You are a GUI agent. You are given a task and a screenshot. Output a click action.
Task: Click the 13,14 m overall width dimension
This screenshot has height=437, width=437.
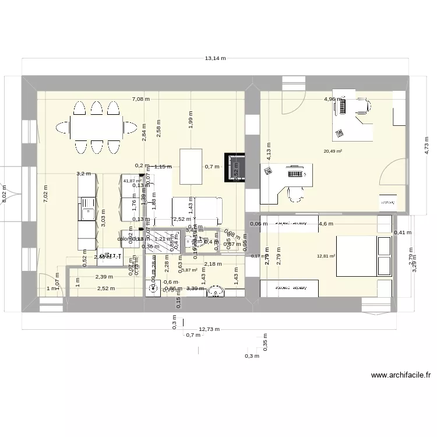(x=215, y=59)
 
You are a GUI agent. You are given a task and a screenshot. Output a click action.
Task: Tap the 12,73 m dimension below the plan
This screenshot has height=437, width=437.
(x=209, y=329)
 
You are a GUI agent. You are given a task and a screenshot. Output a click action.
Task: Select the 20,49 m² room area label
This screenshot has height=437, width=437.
(x=333, y=151)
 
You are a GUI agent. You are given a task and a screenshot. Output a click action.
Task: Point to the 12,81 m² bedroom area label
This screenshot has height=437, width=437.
(x=325, y=256)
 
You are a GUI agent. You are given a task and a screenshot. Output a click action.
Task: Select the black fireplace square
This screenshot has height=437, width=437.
(x=235, y=167)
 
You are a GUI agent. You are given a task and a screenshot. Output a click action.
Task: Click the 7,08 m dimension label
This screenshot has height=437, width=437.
(x=140, y=99)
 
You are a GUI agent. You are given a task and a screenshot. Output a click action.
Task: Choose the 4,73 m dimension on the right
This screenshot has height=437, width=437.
(x=427, y=144)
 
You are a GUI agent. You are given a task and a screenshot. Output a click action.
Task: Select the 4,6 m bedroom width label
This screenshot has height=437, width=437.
(x=326, y=224)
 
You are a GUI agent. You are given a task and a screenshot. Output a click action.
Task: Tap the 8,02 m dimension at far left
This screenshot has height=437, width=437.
(x=5, y=193)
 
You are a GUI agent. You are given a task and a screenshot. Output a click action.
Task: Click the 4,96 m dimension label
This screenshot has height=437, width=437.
(x=333, y=99)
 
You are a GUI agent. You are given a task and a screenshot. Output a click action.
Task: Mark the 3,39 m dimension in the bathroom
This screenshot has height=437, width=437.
(x=195, y=288)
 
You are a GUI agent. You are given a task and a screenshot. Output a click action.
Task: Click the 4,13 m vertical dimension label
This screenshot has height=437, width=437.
(x=269, y=151)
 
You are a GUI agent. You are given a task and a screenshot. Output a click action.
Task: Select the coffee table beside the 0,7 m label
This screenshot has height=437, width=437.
(x=192, y=166)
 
